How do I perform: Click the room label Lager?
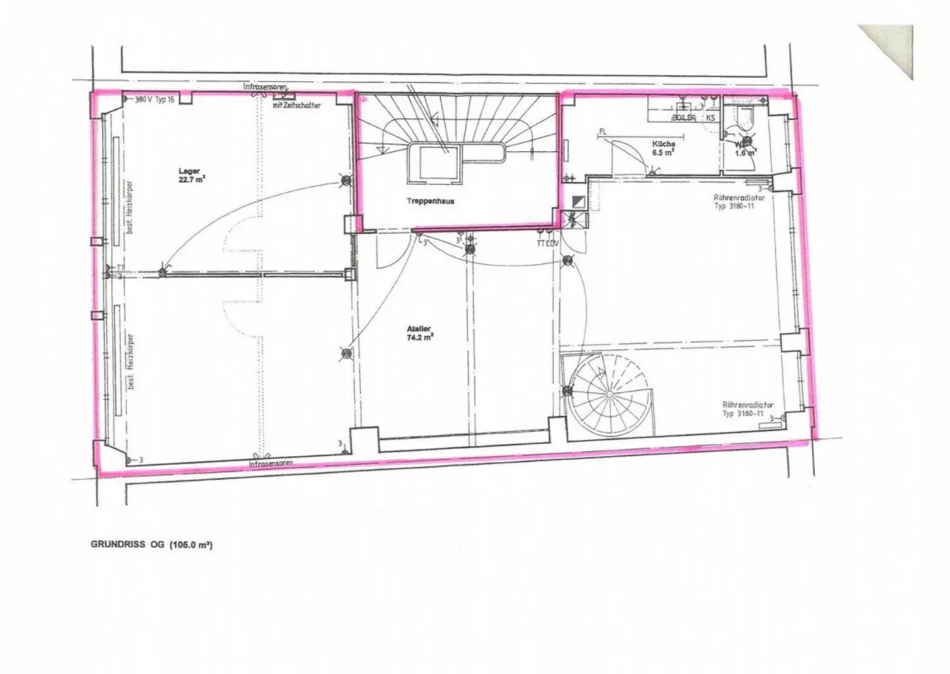[x=189, y=171]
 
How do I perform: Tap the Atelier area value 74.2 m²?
[x=420, y=337]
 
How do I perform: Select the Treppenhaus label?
[x=429, y=201]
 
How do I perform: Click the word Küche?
[x=664, y=143]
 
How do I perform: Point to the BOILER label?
[x=683, y=118]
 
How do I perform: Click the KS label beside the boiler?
[x=711, y=118]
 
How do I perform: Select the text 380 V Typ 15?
[x=154, y=100]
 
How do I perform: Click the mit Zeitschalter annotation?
[x=297, y=105]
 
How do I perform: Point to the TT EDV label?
[x=548, y=243]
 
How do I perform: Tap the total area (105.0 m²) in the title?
[x=191, y=545]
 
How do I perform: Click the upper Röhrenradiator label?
[x=739, y=197]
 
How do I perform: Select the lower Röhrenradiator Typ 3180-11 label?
[x=747, y=409]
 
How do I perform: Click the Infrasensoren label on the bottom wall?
[x=271, y=464]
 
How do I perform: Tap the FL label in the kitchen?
[x=602, y=131]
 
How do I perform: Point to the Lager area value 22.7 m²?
[x=192, y=179]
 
